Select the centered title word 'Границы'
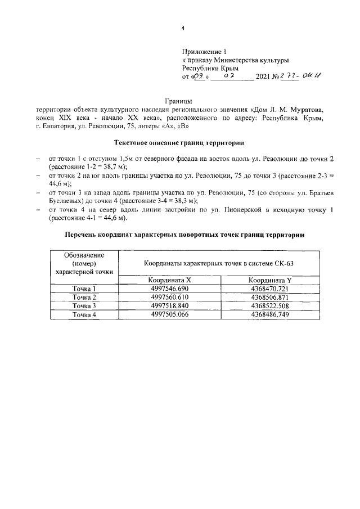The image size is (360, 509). pyautogui.click(x=181, y=100)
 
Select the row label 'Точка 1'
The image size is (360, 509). pyautogui.click(x=84, y=289)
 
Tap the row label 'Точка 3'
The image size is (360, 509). pyautogui.click(x=84, y=306)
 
